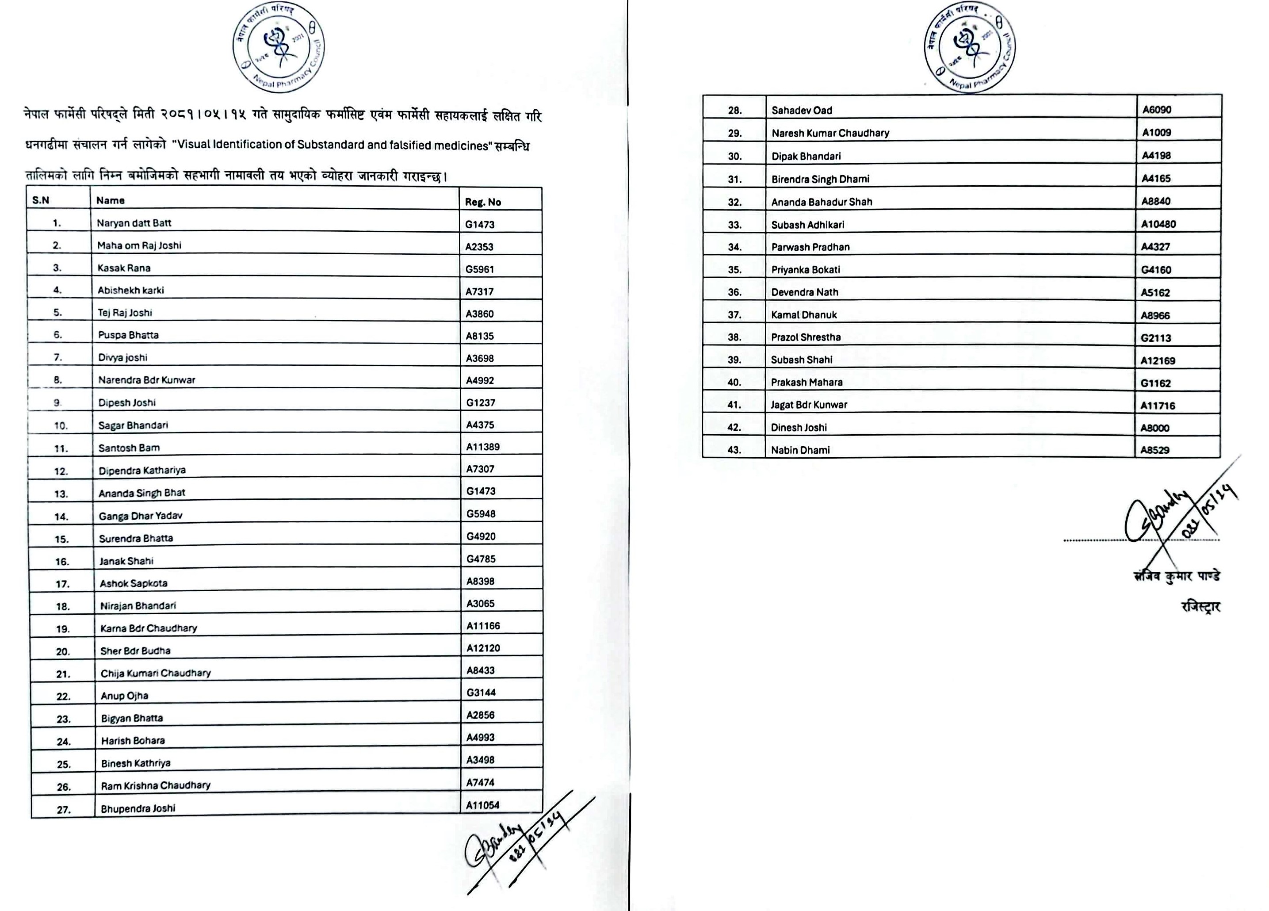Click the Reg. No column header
[483, 202]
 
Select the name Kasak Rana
[124, 268]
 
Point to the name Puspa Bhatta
[128, 335]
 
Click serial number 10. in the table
[61, 426]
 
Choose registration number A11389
[483, 447]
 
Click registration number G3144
[481, 692]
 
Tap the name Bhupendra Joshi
[138, 808]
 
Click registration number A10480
[1158, 224]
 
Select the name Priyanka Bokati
[805, 270]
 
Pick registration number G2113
[1155, 338]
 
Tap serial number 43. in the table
[734, 450]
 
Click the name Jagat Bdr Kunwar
[809, 405]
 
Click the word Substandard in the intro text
[331, 145]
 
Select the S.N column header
[41, 200]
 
